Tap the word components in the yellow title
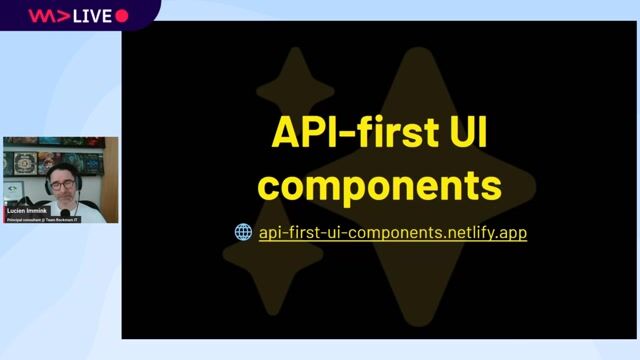click(386, 185)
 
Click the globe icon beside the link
click(243, 232)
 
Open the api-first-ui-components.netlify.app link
click(392, 232)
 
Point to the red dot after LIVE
click(122, 16)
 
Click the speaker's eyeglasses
click(62, 184)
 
